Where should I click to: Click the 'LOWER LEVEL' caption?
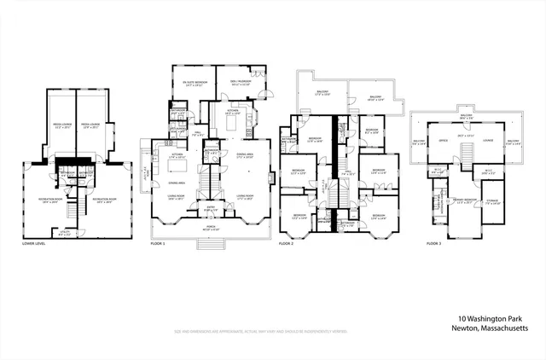pos(34,244)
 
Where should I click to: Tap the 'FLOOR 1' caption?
pos(157,244)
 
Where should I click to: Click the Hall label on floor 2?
pos(348,172)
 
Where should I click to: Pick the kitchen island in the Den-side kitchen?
pos(233,123)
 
